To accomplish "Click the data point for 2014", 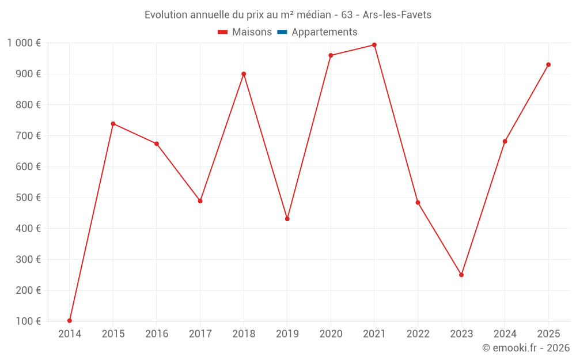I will (x=70, y=321).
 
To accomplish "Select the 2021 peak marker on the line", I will (x=374, y=45).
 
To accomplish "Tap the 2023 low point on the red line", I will (x=461, y=275).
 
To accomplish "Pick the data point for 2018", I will (x=244, y=74).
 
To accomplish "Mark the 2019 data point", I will (x=287, y=219).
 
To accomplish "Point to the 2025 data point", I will (x=548, y=65).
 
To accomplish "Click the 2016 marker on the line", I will (x=157, y=143).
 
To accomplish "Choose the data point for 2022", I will (x=418, y=203).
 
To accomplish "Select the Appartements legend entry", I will (x=324, y=32).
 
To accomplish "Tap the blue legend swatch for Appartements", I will (x=282, y=32).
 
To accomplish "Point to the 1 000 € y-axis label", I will (x=24, y=43).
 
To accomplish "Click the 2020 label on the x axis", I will (x=331, y=334).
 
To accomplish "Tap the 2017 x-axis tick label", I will (x=200, y=334).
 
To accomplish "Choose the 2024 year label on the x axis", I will (x=505, y=334).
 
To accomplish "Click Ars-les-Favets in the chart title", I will (x=397, y=15).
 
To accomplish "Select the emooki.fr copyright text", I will (x=525, y=348).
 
